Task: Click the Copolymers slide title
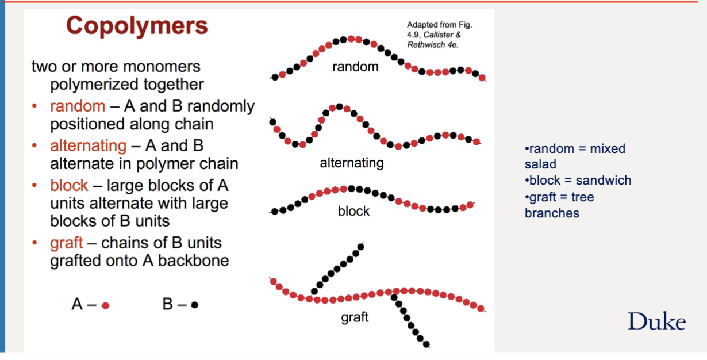137,26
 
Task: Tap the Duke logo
656,321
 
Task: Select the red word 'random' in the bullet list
78,106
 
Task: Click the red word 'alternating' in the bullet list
88,146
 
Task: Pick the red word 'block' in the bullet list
69,185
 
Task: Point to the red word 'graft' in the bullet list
66,243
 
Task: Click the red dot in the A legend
106,306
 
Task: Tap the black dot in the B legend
195,305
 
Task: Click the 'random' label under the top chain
355,67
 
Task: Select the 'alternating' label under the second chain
352,163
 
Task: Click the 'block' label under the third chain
353,211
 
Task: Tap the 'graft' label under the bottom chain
355,317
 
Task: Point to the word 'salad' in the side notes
540,164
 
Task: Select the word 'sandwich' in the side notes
604,181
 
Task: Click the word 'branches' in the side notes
552,213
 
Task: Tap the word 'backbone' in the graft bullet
193,261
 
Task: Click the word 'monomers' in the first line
162,67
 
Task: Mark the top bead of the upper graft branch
361,247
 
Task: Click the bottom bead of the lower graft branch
426,344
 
